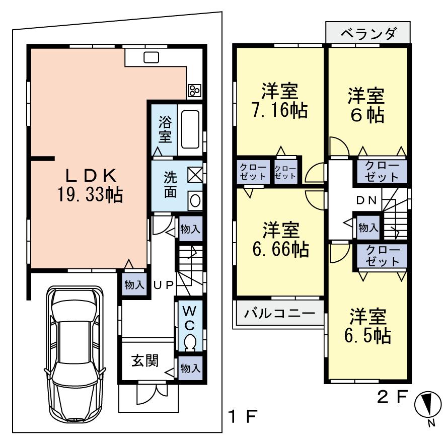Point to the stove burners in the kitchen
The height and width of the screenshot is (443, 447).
click(195, 90)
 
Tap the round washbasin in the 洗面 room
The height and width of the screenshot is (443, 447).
click(194, 200)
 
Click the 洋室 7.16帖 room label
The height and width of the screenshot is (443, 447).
click(280, 100)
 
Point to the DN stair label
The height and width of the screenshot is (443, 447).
click(367, 199)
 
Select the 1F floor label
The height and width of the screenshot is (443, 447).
click(244, 416)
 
